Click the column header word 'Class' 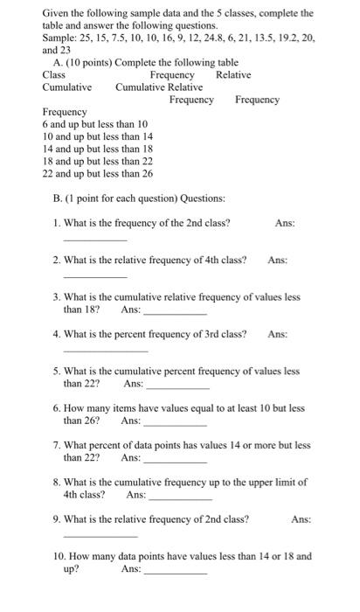point(54,75)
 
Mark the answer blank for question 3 point(175,312)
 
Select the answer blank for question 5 point(178,386)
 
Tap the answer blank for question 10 point(175,572)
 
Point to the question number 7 point(56,445)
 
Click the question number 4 point(56,334)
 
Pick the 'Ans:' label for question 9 point(301,519)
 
